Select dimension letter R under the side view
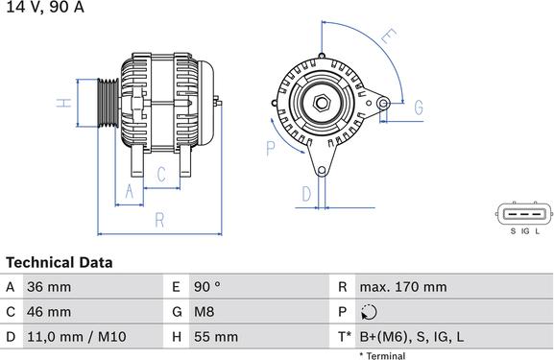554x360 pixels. [x=161, y=220]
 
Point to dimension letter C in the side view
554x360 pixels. [x=161, y=174]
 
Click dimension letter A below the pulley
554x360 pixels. [x=129, y=191]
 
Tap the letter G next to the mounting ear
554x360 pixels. [x=418, y=108]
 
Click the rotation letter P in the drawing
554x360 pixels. [x=271, y=148]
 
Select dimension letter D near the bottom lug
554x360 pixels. [x=306, y=194]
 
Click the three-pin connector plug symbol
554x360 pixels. [x=524, y=214]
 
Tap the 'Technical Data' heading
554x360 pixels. [x=60, y=262]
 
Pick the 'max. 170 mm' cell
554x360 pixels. [x=403, y=287]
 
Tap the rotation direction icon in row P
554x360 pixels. [x=371, y=312]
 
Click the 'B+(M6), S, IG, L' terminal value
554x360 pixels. [x=411, y=337]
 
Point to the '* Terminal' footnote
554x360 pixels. [x=382, y=355]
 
